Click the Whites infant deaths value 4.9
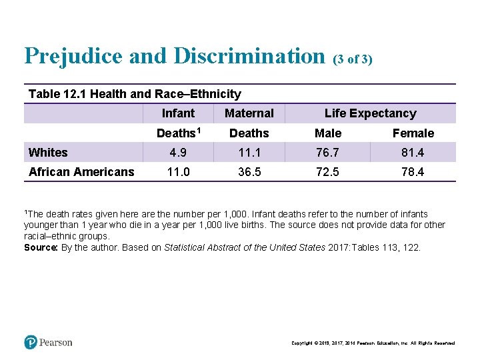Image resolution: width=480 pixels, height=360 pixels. [x=178, y=152]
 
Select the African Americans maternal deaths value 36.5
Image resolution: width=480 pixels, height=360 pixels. [x=249, y=172]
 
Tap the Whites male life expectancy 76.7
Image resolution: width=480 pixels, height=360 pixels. [x=327, y=152]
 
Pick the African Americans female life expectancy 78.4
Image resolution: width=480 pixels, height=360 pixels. [x=413, y=172]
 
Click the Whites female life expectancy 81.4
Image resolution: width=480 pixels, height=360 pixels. [x=413, y=152]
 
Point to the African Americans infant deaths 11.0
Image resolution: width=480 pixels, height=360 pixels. [x=179, y=172]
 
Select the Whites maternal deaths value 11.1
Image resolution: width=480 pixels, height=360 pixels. [x=249, y=152]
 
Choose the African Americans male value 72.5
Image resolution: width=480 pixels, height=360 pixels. [x=327, y=172]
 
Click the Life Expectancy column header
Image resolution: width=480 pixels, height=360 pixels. [x=371, y=113]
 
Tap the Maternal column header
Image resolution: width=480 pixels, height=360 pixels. [x=249, y=113]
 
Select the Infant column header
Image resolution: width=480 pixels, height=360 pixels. [x=178, y=113]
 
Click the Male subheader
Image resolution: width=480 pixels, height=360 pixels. [x=328, y=133]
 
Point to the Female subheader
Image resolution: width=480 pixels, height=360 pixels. [x=413, y=133]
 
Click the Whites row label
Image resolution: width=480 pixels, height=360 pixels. [x=48, y=153]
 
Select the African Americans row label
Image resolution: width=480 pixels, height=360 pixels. [x=81, y=172]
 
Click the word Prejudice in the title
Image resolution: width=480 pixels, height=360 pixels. [x=73, y=56]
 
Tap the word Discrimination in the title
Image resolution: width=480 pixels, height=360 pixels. [x=249, y=56]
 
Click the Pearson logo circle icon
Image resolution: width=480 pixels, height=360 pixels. [x=31, y=342]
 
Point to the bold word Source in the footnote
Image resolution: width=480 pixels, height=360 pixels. [x=41, y=247]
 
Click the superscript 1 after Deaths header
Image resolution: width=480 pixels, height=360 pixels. [x=199, y=131]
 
